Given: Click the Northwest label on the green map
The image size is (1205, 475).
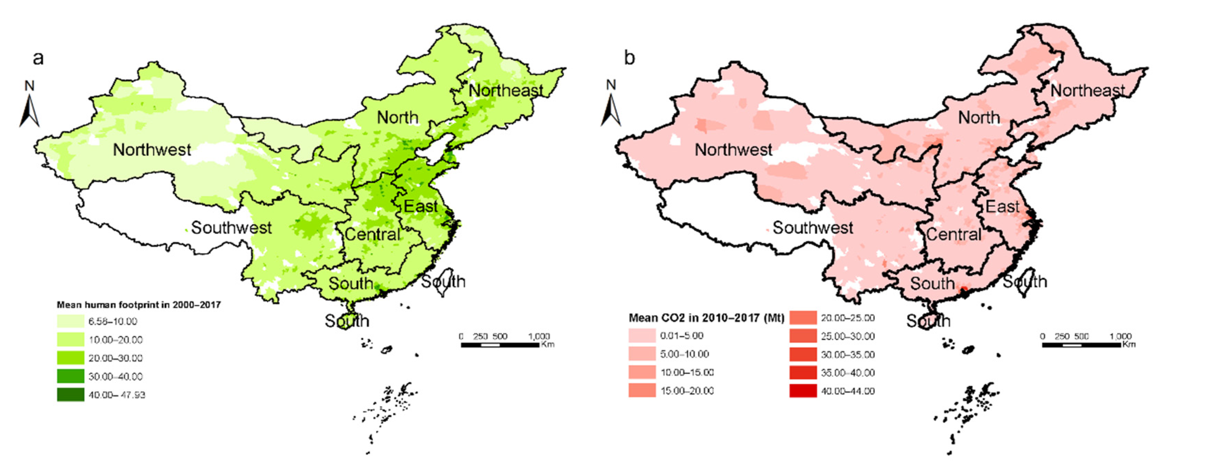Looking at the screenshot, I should coord(152,150).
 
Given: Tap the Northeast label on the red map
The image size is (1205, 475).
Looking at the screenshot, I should coord(1087,90).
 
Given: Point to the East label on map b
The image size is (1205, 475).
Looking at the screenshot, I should coord(1002,207).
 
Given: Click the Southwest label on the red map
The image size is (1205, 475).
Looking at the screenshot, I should coord(812,228).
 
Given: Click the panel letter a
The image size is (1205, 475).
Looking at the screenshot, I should coord(38,58).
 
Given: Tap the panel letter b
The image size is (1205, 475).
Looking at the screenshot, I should coord(630,58).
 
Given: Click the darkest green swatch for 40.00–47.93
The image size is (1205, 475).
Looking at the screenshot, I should coord(71,395).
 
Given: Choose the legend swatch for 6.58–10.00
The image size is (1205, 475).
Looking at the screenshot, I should coord(71,321).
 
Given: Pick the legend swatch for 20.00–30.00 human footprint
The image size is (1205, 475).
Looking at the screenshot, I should coord(71,358).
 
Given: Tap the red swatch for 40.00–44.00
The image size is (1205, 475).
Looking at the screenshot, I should coord(803,391).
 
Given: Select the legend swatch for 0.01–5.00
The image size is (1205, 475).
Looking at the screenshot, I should coord(642,336).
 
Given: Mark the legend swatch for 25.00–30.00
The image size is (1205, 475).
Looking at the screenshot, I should coord(803,336).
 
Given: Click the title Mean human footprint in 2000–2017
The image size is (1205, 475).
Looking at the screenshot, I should coord(138,305).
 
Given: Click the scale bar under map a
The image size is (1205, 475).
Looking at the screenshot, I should coord(500,345).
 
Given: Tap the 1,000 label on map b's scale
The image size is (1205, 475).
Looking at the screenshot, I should coord(1120,336).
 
